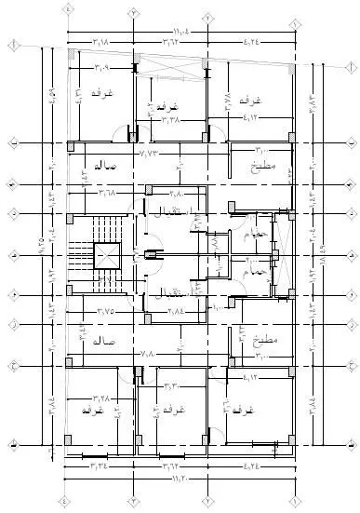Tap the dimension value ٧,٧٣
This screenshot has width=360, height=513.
148,150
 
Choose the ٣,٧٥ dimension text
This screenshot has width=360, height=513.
107,312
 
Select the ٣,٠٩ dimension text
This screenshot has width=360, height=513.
100,67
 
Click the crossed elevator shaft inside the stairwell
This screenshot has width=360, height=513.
107,255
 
